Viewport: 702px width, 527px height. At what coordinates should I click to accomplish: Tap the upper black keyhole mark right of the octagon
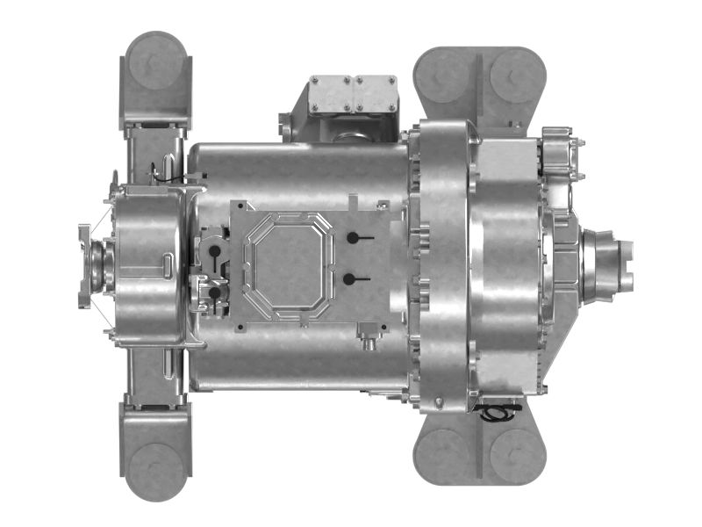click(x=353, y=238)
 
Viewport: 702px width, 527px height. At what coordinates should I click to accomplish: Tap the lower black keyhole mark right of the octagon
click(x=351, y=279)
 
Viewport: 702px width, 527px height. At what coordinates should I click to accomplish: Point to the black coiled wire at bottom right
click(x=498, y=411)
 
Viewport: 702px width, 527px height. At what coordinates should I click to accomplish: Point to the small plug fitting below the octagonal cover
click(x=369, y=335)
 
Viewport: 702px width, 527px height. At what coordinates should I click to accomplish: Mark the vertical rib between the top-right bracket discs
click(x=479, y=83)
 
